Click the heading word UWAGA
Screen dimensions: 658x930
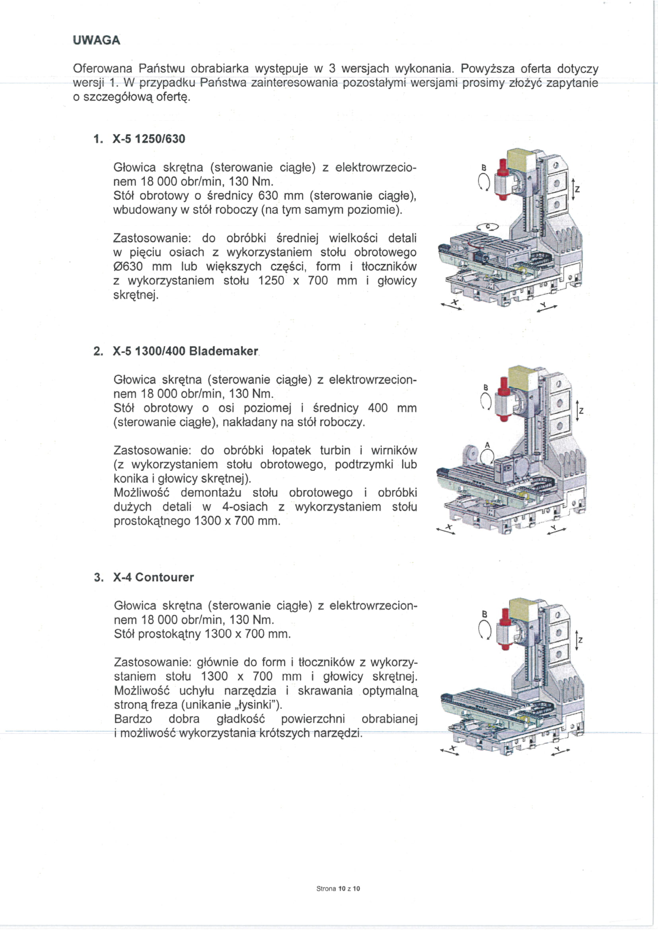[96, 40]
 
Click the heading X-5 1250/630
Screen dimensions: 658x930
[149, 139]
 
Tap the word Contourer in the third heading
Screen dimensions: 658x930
[165, 577]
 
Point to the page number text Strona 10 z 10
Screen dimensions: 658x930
[338, 889]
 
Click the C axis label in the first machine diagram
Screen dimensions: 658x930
[488, 226]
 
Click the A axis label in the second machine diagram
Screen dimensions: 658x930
[487, 445]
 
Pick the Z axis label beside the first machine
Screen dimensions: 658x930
[577, 189]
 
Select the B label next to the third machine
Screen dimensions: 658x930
[484, 614]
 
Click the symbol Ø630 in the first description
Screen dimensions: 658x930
[128, 266]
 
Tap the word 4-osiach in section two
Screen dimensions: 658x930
[245, 507]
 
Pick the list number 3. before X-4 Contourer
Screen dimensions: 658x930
[98, 578]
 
